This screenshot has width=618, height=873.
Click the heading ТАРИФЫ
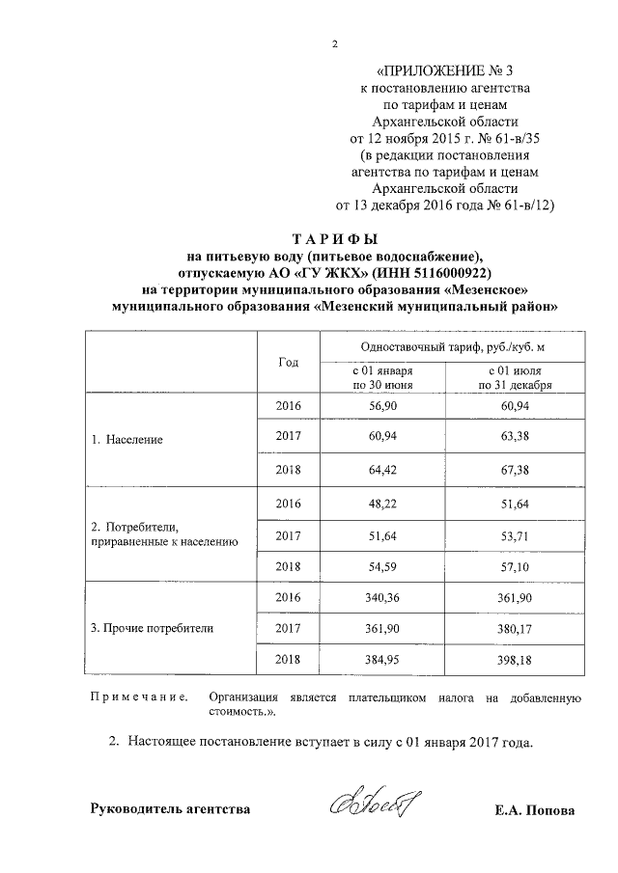click(335, 239)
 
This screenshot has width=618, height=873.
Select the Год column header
click(288, 362)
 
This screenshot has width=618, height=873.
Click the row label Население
click(127, 439)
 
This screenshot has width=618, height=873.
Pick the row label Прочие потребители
click(153, 628)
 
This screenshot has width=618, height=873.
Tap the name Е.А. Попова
click(532, 810)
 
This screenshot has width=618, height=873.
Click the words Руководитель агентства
click(170, 809)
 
